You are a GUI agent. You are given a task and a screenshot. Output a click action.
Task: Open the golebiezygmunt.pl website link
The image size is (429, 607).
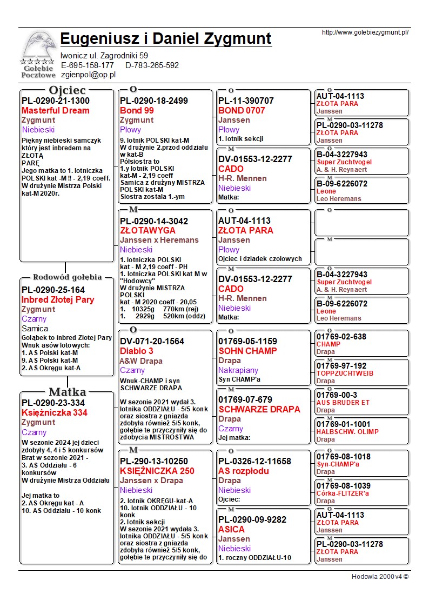[x=365, y=32]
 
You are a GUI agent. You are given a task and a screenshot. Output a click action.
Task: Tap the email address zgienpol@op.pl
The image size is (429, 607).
[x=88, y=75]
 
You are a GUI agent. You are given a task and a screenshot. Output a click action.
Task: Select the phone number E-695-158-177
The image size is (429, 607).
[x=88, y=65]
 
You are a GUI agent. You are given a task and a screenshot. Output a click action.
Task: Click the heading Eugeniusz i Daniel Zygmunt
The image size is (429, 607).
[x=166, y=39]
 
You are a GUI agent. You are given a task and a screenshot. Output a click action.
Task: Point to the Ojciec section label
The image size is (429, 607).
[x=67, y=90]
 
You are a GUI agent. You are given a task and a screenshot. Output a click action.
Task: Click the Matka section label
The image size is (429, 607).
[x=66, y=392]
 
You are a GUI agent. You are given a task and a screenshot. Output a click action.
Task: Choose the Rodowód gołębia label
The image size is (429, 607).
[x=67, y=277]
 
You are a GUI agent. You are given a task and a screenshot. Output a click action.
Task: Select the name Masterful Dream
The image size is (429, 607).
[x=56, y=111]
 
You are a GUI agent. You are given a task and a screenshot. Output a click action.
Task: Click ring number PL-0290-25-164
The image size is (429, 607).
[x=53, y=290]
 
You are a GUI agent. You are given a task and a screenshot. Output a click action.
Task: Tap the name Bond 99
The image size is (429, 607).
[x=137, y=111]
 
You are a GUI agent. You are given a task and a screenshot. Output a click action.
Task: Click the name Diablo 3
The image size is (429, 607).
[x=136, y=351]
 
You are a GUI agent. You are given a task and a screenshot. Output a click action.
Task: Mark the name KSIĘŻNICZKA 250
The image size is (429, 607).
[x=157, y=471]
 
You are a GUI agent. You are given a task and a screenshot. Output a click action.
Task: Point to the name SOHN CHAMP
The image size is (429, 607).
[x=247, y=351]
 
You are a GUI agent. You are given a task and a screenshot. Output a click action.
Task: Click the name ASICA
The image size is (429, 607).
[x=231, y=530]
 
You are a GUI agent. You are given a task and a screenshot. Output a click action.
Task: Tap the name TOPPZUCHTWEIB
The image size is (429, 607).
[x=345, y=373]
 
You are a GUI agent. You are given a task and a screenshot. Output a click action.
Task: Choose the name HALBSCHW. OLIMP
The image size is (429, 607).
[x=347, y=432]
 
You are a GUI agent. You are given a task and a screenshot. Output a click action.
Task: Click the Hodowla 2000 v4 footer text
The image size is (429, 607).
[x=380, y=577]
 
